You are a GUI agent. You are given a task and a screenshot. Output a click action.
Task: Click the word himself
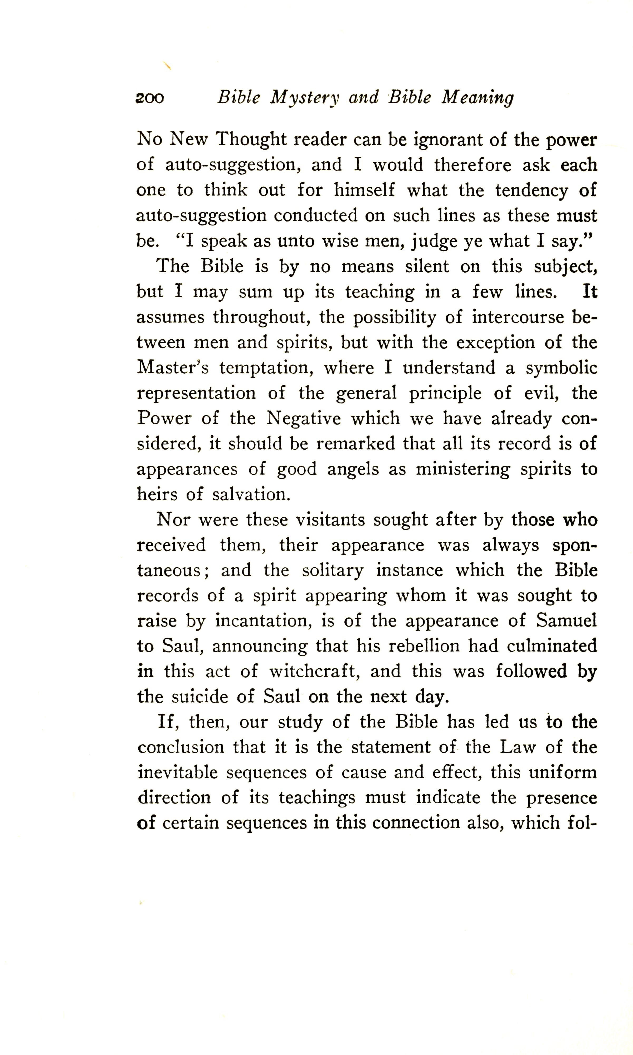364,190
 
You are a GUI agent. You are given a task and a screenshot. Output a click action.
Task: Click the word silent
427,267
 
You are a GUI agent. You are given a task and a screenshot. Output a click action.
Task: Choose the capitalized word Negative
304,418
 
